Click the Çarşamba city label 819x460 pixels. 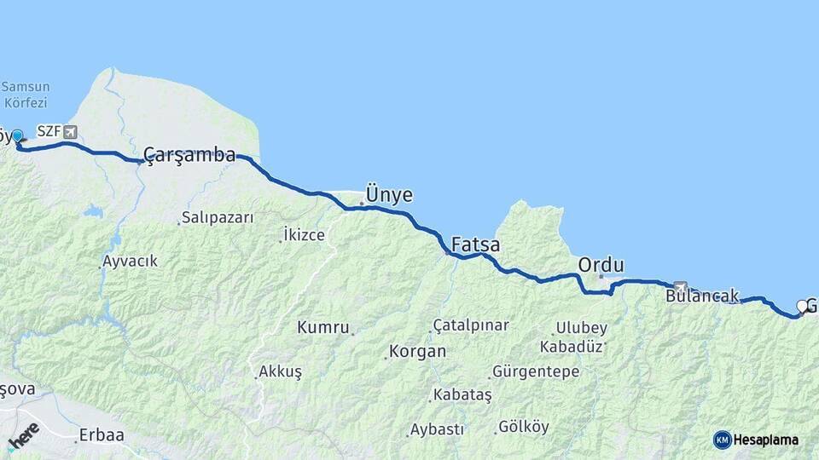coord(189,155)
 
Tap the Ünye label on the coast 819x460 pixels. coord(389,195)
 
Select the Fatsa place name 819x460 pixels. coord(475,245)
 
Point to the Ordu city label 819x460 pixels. coord(601,265)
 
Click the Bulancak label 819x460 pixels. coord(702,296)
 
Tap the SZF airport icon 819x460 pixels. coord(69,132)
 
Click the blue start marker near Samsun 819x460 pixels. coord(17,136)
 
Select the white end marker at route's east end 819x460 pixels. coord(801,306)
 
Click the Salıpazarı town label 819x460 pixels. coord(218,218)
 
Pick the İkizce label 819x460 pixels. coord(305,235)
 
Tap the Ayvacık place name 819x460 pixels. coord(130,262)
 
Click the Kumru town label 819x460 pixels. coord(323,327)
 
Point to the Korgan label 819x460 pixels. coord(417,351)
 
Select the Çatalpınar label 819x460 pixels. coord(471,325)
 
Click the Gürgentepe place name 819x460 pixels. coord(537,371)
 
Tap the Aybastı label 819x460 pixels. coord(437,429)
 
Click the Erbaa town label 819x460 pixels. coord(102,435)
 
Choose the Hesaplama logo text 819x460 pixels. coord(765,440)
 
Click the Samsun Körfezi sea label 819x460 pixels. coord(26,94)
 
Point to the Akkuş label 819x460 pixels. coord(281,372)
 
